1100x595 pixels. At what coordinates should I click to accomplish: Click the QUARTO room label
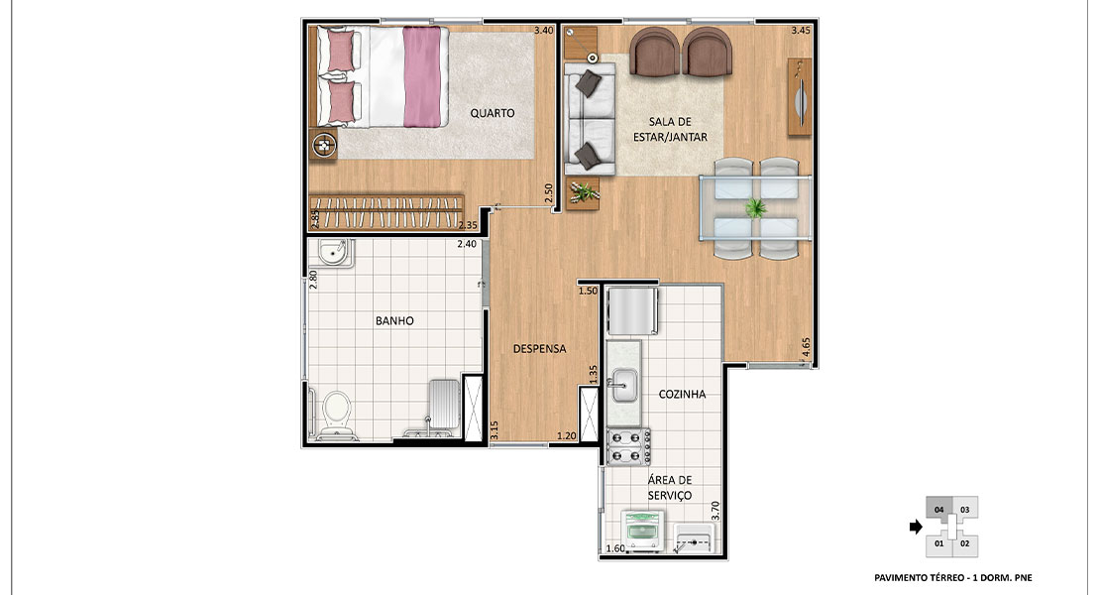[x=492, y=113]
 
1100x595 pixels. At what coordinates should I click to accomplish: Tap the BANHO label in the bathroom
[x=394, y=320]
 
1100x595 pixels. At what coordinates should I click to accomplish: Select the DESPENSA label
[x=539, y=349]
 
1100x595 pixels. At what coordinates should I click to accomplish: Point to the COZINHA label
[x=682, y=395]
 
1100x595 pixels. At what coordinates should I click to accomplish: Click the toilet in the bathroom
[x=336, y=415]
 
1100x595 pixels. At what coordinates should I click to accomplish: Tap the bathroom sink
[x=333, y=252]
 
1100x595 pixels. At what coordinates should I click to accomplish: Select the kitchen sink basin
[x=623, y=385]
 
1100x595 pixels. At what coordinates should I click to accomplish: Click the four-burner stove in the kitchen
[x=628, y=447]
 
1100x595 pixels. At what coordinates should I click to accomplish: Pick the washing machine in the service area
[x=643, y=532]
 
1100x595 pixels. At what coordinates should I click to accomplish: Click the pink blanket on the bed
[x=422, y=76]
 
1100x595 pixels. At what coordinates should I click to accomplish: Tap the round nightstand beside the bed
[x=324, y=147]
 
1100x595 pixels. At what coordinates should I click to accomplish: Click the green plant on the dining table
[x=755, y=207]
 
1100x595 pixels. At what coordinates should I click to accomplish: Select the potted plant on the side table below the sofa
[x=583, y=191]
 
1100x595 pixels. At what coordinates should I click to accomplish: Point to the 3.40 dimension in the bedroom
[x=544, y=30]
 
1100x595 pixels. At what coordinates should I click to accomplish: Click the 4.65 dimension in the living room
[x=806, y=348]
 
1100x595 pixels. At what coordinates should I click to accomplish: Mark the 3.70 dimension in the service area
[x=715, y=510]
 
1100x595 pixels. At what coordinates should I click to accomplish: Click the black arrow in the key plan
[x=916, y=527]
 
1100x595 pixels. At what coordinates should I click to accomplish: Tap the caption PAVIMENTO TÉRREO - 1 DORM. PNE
[x=953, y=577]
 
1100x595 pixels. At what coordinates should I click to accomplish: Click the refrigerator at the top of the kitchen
[x=632, y=310]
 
